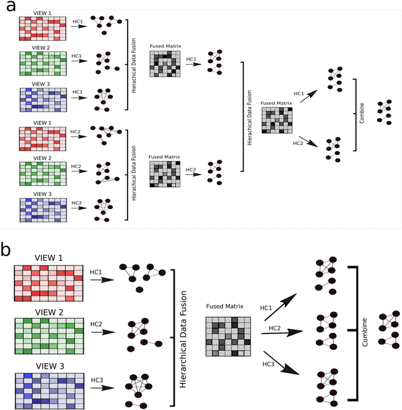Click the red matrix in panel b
pyautogui.click(x=48, y=283)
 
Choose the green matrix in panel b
pyautogui.click(x=48, y=337)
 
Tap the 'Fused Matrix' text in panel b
pyautogui.click(x=224, y=308)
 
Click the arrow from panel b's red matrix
pyautogui.click(x=102, y=280)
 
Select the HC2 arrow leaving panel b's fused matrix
pyautogui.click(x=281, y=335)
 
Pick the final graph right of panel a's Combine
pyautogui.click(x=383, y=111)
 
